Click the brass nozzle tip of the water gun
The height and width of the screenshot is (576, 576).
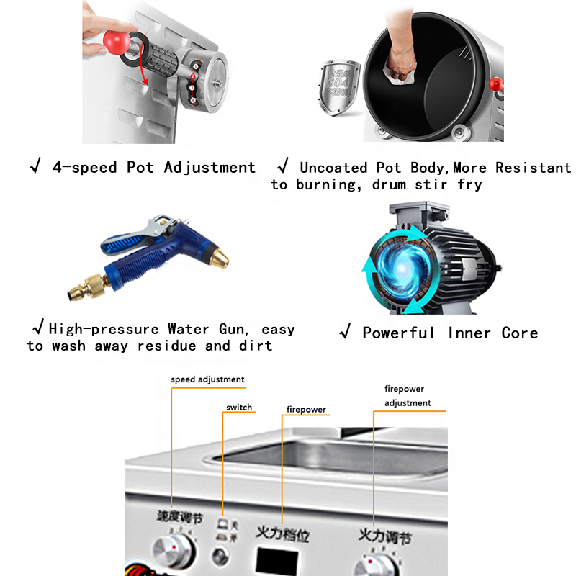tap(222, 256)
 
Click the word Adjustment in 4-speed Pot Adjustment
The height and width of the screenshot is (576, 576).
tap(210, 167)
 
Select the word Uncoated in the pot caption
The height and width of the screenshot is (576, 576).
tap(333, 168)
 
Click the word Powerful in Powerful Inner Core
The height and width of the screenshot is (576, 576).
tap(398, 333)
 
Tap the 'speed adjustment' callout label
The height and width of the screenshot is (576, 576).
tap(207, 379)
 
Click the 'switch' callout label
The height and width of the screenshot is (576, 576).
tap(239, 407)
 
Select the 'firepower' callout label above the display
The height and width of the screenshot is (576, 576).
tap(306, 409)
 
